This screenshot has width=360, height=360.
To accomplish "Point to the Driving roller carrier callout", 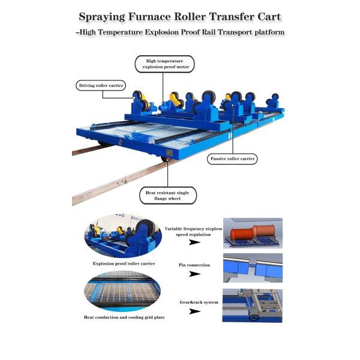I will click(x=101, y=86).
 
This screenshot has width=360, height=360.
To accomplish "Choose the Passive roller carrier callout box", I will click(x=232, y=159).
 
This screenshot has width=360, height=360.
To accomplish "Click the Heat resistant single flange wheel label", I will click(x=167, y=195).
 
